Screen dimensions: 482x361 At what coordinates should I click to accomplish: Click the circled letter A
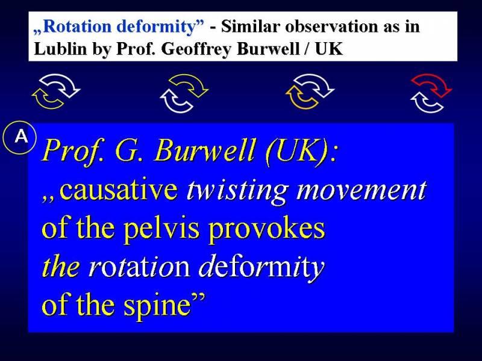coord(20,137)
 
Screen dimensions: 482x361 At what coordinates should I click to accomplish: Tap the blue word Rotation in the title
coord(79,26)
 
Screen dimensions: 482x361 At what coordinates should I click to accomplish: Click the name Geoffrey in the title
coord(196,49)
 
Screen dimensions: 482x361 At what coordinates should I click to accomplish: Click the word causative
coord(119,190)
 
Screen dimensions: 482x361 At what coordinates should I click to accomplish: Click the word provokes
coord(266,229)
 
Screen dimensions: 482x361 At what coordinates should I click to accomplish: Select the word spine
coord(157,306)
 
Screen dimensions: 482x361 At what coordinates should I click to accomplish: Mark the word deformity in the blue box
coord(261,268)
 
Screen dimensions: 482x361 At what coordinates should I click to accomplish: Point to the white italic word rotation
coord(139,267)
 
